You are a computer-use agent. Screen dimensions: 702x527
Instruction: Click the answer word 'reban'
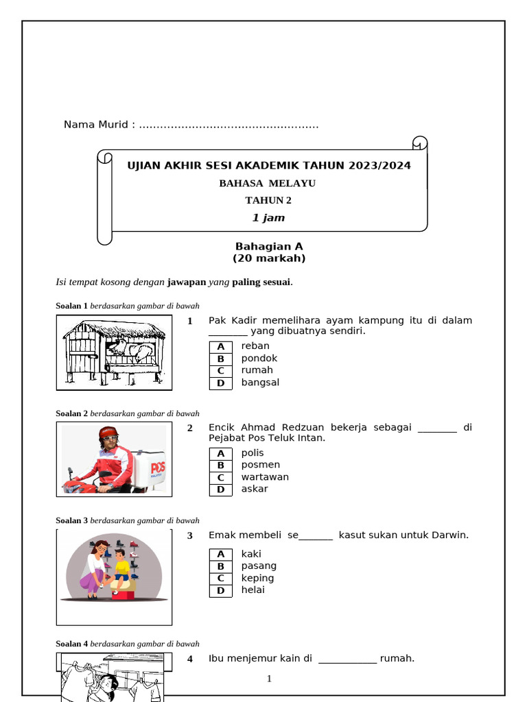(255, 346)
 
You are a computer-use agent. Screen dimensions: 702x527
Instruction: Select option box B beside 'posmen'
(221, 465)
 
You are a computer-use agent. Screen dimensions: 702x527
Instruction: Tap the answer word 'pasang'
(259, 566)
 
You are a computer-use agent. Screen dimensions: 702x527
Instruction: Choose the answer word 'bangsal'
(260, 383)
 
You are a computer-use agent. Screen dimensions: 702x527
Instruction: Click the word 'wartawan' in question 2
(265, 477)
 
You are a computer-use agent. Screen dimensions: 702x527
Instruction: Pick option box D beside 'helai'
(221, 590)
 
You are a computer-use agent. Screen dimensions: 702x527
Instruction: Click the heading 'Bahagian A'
(269, 246)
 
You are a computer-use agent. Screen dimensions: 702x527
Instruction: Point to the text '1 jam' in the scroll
(268, 218)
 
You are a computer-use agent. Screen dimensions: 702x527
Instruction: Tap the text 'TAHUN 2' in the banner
(268, 200)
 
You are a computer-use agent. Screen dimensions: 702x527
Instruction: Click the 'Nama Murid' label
(96, 125)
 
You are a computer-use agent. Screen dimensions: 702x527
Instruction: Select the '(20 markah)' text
(269, 258)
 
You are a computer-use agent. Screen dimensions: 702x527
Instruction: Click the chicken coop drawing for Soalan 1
(114, 352)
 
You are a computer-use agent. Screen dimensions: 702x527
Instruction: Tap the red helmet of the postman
(108, 433)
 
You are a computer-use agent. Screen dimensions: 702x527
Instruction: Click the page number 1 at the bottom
(269, 679)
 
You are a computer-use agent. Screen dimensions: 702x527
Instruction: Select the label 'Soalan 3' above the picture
(71, 520)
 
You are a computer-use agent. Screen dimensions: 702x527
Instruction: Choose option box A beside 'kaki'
(221, 554)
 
